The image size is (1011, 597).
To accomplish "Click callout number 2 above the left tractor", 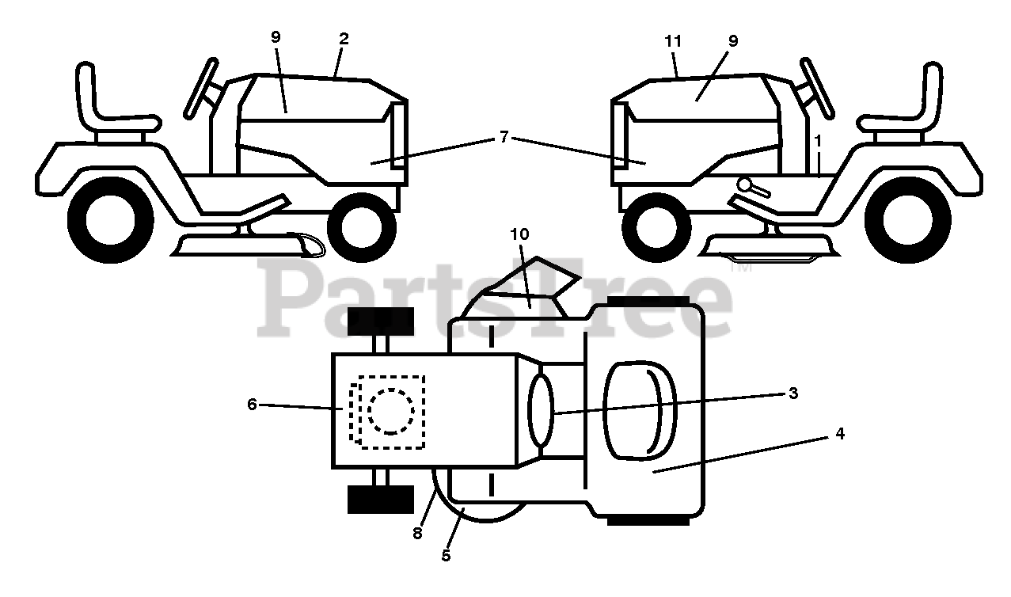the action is coord(344,40).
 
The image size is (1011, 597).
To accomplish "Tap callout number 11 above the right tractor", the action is coord(672,41).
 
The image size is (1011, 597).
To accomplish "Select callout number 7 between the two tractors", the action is coord(504,137).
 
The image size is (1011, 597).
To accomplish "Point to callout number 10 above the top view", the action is coord(519,234).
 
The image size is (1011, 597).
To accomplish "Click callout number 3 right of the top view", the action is coord(793,393).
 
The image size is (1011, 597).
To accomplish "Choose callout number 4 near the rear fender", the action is coord(839,434).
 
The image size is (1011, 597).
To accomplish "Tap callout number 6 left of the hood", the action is coord(252,405).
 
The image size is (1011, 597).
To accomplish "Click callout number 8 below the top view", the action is coord(417,534).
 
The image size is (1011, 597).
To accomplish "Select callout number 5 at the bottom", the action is coord(446,556).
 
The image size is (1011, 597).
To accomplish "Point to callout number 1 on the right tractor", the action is coord(818,141).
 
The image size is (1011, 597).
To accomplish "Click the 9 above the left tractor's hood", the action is coord(276,37).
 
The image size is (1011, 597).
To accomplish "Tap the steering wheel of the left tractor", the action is coord(201,89).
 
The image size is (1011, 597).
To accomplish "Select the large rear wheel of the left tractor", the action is coord(111,220).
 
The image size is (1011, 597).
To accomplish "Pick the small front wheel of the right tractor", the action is coord(656,227).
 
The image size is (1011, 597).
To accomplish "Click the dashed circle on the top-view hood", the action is coord(391,411).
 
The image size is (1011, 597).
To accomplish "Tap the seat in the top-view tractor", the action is coord(640,411).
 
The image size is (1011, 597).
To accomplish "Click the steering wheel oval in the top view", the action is coord(541,411).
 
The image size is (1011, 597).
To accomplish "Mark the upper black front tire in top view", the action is coord(381,321).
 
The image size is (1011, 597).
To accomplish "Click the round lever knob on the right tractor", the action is coord(745,184).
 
